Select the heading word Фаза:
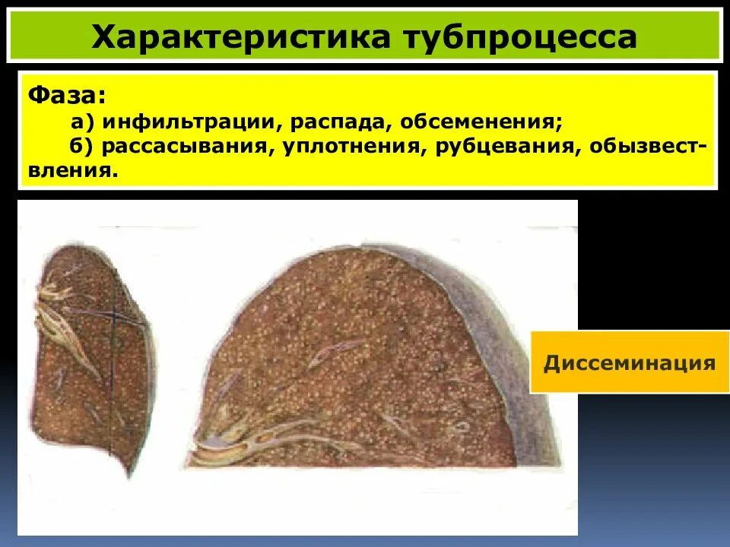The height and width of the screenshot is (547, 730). click(x=68, y=96)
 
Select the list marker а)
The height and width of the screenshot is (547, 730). click(x=84, y=122)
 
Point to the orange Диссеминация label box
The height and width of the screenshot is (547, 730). click(x=630, y=362)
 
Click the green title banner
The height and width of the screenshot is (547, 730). click(x=365, y=36)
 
